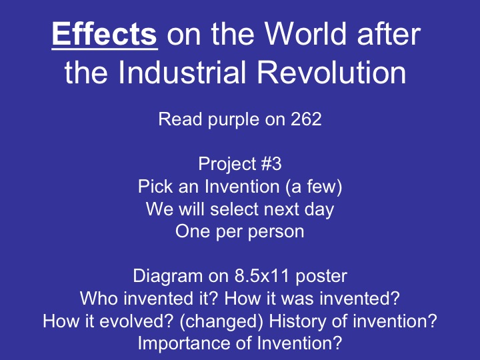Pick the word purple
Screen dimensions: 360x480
[224, 121]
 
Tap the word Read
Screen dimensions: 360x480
[175, 121]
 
